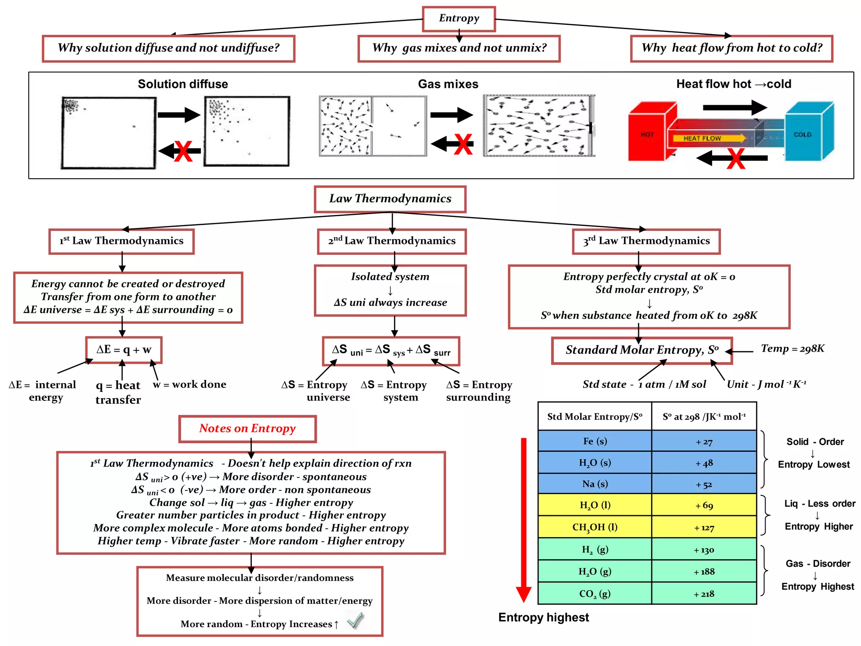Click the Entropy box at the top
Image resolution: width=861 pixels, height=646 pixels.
click(x=459, y=19)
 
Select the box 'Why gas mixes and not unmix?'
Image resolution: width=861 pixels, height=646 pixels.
click(x=459, y=48)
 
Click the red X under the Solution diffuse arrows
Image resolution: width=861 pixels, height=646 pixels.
click(x=183, y=151)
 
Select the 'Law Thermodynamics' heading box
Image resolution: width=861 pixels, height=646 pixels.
click(x=390, y=199)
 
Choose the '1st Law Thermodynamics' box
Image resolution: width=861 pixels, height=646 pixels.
click(x=121, y=241)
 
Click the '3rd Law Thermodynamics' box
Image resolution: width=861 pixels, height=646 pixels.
click(x=646, y=241)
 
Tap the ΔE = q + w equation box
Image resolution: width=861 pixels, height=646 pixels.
click(x=124, y=350)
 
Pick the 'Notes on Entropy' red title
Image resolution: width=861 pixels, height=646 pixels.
click(x=247, y=429)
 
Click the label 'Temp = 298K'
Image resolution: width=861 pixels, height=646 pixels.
click(x=792, y=349)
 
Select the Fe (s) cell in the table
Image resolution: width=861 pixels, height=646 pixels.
click(x=595, y=441)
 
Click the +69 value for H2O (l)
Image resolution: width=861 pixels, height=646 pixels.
click(x=704, y=505)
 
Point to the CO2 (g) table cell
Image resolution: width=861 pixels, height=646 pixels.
click(x=595, y=593)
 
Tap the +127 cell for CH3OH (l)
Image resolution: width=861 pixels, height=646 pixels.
click(x=704, y=527)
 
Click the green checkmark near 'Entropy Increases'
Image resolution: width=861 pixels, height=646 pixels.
click(x=355, y=620)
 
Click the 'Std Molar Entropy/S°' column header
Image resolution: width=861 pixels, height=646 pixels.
click(x=595, y=416)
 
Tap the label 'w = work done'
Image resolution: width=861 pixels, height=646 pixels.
click(x=190, y=384)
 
